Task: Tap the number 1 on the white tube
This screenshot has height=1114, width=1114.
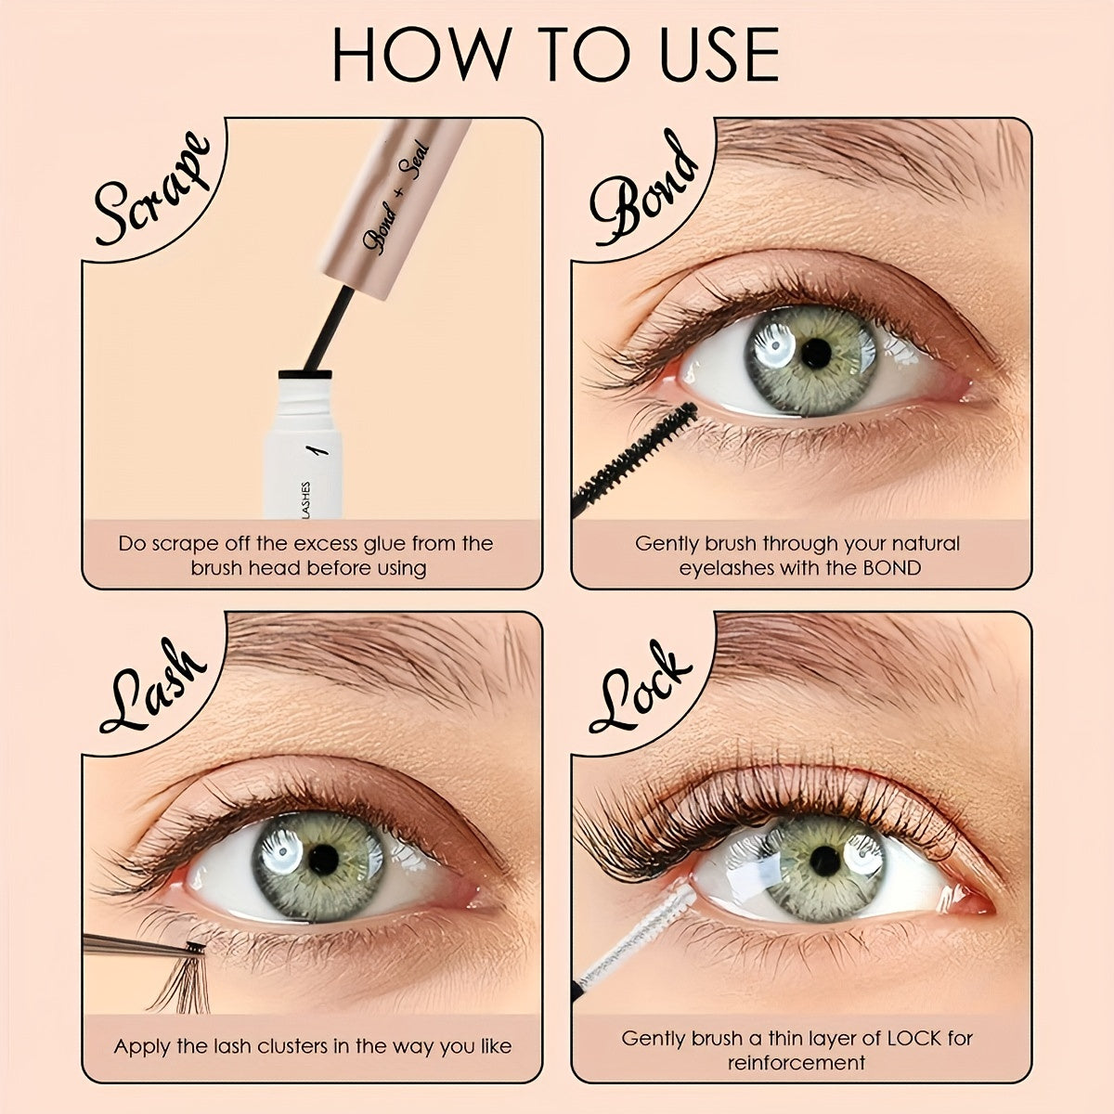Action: pos(320,450)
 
